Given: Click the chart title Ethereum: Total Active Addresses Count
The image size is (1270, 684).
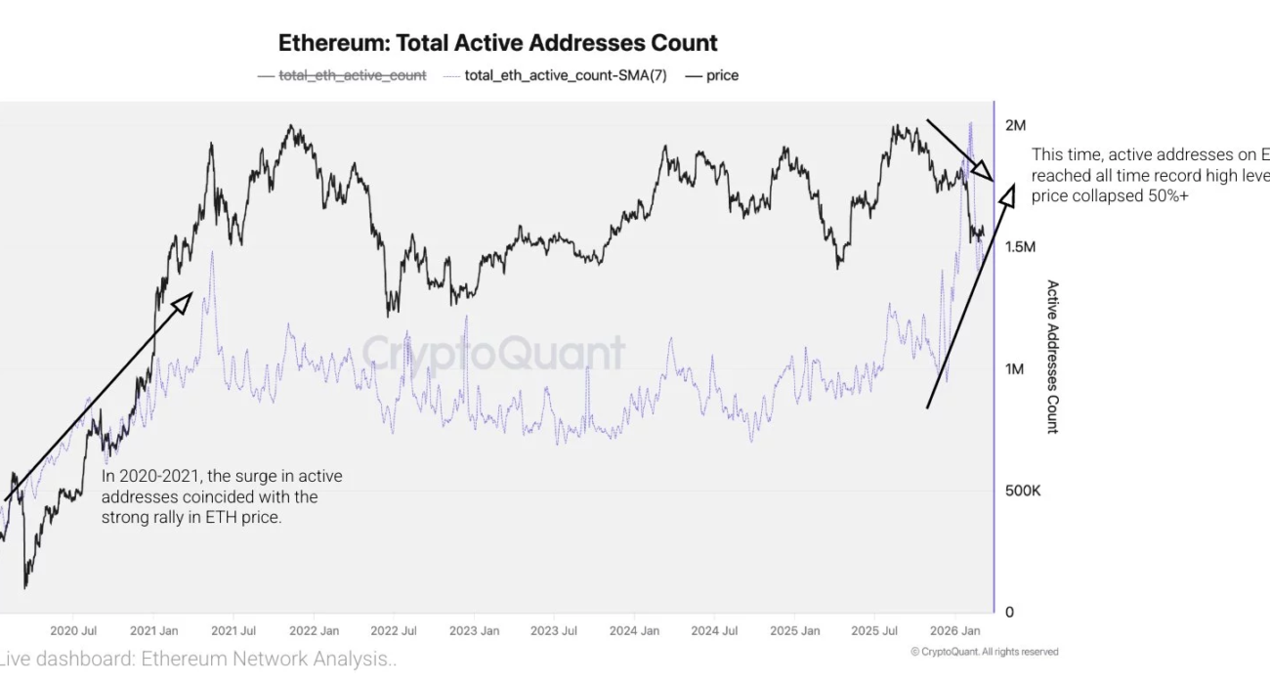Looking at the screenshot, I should point(498,43).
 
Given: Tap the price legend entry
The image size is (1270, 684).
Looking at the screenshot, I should point(722,75).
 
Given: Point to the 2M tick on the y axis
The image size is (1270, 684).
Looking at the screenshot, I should point(1016,125).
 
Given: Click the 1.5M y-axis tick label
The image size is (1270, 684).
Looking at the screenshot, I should point(1020,247).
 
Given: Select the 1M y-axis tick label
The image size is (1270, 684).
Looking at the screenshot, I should point(1015,369).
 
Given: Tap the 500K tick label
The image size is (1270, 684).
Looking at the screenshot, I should point(1023,491).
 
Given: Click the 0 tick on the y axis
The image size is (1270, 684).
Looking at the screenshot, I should point(1010,613).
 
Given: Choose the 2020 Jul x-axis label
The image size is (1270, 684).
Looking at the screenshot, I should point(72,631).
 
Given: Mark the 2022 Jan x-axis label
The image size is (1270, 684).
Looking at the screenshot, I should point(314,631).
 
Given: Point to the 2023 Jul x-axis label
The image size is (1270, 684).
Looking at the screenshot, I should point(554,631).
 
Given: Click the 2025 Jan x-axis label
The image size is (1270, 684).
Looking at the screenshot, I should point(794,631).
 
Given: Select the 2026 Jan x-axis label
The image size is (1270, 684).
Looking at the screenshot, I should point(955,631).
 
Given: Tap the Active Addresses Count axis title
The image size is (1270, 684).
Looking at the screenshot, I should point(1052,357).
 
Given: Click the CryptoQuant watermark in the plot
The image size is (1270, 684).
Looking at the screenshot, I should point(493,352).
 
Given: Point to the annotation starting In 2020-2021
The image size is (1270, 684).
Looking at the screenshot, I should point(222,496).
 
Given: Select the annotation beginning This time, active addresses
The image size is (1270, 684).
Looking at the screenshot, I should point(1150,175).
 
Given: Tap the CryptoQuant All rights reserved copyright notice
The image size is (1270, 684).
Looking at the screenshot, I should point(984,652).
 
